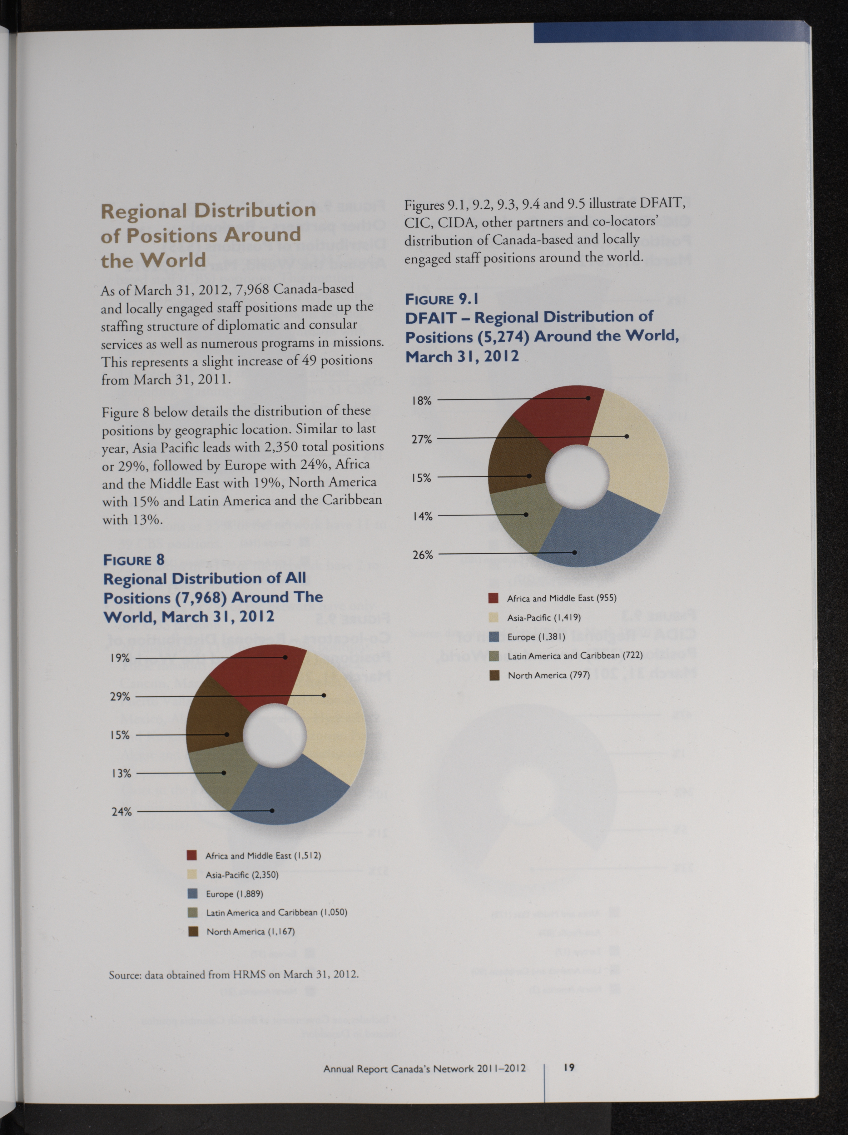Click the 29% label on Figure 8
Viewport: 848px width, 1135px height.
[x=120, y=696]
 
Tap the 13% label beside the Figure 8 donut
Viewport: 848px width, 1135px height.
[x=121, y=773]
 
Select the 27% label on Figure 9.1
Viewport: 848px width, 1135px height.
[x=422, y=439]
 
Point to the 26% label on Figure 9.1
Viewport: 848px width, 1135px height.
[x=423, y=555]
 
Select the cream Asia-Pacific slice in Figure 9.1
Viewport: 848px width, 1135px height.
[x=636, y=451]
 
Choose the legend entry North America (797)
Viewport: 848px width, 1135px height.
[x=548, y=675]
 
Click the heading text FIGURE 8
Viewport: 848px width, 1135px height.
[x=134, y=560]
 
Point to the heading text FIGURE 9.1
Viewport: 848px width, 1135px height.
[x=442, y=299]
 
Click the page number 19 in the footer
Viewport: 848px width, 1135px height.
[x=569, y=1067]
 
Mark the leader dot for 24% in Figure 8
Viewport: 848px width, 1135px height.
[x=272, y=811]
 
